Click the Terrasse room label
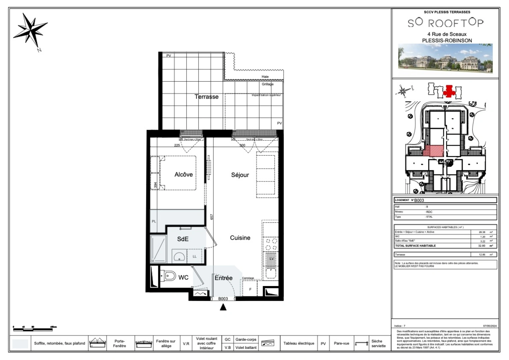206,97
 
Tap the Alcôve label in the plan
183,174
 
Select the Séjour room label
240,175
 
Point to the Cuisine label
240,238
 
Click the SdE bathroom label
183,239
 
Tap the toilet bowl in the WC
170,276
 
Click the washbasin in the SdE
179,257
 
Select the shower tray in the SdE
158,249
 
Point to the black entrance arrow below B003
223,307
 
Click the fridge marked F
250,289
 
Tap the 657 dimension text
212,217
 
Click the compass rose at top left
31,31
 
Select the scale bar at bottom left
33,329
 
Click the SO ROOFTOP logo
445,23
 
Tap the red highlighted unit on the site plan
434,151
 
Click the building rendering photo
445,59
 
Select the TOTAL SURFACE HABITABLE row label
415,246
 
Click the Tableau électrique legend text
299,343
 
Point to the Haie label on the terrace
265,77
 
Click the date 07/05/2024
490,326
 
